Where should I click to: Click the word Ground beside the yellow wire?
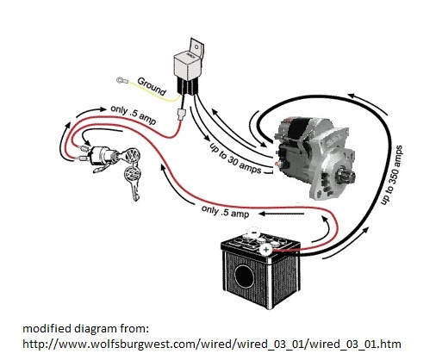(152, 86)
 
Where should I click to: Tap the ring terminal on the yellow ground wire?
(121, 80)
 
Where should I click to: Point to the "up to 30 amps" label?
(235, 158)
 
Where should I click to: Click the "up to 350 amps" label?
(391, 175)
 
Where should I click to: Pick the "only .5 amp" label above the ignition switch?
(134, 115)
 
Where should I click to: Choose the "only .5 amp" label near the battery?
(225, 211)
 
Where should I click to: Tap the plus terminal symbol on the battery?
(266, 250)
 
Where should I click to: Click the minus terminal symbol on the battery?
(254, 232)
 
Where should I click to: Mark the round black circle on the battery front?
(244, 276)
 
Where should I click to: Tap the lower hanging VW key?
(133, 182)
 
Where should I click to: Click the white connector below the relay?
(182, 114)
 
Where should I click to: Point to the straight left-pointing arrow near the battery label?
(282, 214)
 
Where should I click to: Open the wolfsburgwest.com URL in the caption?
(212, 344)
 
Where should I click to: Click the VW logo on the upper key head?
(132, 156)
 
